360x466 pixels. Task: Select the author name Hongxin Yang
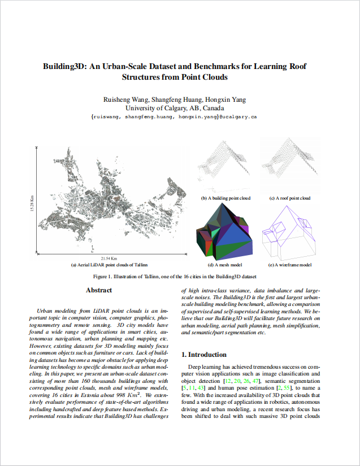225,100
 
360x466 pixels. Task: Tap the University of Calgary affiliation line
175,108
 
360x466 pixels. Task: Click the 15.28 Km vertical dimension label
32,205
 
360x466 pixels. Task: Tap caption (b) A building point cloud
225,199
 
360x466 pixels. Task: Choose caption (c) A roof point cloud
289,199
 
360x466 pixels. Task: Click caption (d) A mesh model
225,265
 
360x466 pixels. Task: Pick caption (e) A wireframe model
289,265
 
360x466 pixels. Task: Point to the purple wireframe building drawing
289,232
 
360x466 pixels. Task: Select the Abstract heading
99,291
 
